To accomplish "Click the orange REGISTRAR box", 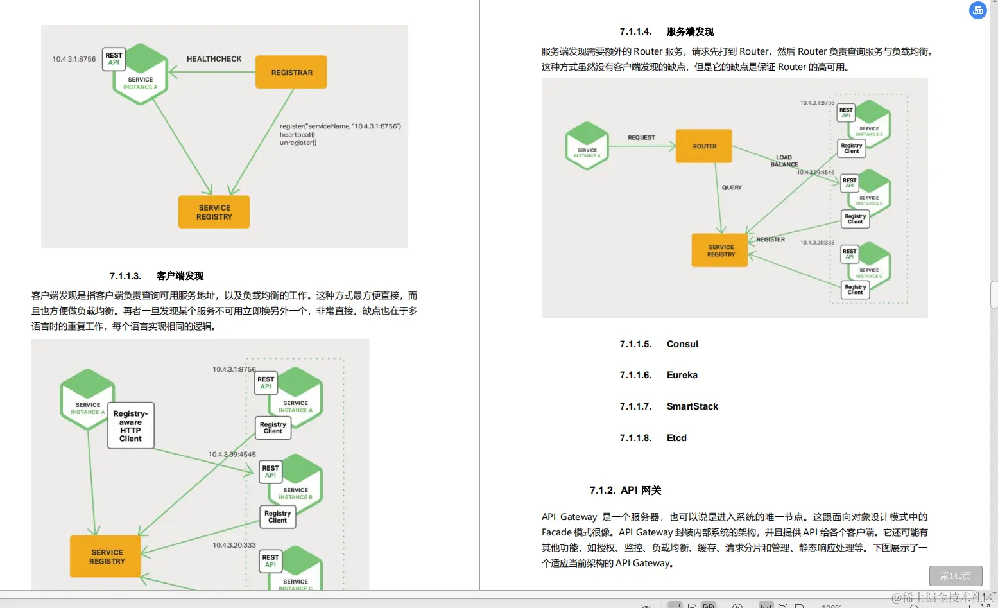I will pos(291,72).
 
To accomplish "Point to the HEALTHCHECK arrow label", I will pos(214,59).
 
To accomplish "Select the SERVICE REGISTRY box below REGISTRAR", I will pos(214,213).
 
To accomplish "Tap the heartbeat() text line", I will pos(297,135).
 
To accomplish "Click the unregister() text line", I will pos(298,143).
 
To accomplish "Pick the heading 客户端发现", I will pos(180,276).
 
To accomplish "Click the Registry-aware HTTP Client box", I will pos(130,426).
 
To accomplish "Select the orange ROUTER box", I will pos(704,146).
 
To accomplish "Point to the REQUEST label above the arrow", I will pos(641,137).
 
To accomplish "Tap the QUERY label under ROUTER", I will pos(732,187).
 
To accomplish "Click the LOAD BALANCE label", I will pos(784,161).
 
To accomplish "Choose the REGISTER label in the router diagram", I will pos(770,239).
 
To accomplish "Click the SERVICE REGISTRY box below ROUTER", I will pos(721,250).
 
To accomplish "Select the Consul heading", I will pos(682,344).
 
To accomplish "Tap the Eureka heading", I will pos(682,375).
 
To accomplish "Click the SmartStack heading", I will pos(692,406).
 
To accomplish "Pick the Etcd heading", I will pos(676,438).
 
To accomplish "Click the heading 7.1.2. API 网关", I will pos(625,491).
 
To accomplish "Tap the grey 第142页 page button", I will pos(955,576).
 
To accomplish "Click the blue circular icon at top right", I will pos(977,10).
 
